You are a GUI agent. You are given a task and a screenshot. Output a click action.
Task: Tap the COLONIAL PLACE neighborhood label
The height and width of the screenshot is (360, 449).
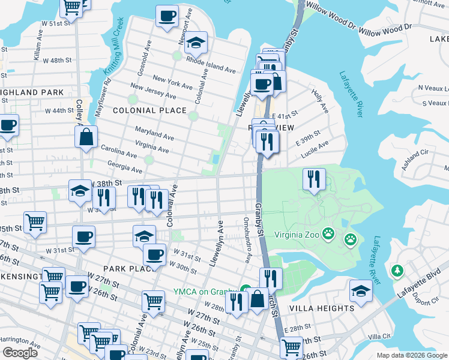(149, 110)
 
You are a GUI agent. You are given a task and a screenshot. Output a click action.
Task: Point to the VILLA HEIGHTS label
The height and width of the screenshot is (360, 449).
(322, 308)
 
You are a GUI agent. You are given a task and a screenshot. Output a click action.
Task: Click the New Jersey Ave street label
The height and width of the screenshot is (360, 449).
(153, 91)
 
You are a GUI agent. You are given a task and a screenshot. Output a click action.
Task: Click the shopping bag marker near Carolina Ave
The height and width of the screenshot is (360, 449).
(86, 136)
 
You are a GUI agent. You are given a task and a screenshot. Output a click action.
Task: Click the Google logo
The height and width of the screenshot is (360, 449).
(20, 352)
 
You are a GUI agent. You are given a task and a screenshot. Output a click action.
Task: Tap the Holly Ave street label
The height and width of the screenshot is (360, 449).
(320, 101)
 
